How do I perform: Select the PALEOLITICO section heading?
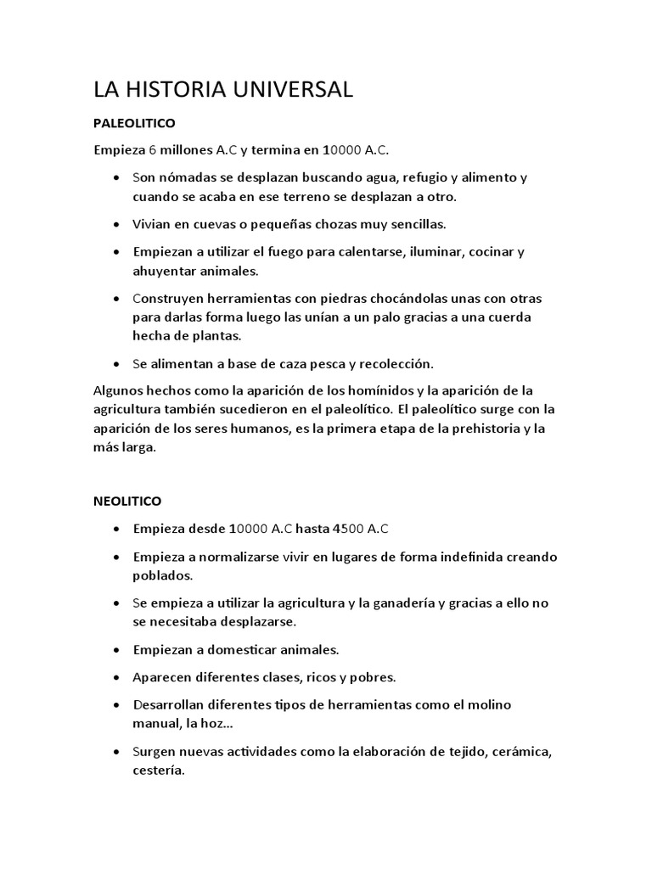pyautogui.click(x=134, y=123)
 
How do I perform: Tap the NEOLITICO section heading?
pyautogui.click(x=127, y=501)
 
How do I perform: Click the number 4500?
pyautogui.click(x=348, y=529)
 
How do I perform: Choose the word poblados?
pyautogui.click(x=163, y=575)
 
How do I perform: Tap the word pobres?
pyautogui.click(x=373, y=677)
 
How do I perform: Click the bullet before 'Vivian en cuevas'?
pyautogui.click(x=115, y=225)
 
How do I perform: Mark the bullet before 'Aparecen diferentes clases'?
pyautogui.click(x=115, y=678)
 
